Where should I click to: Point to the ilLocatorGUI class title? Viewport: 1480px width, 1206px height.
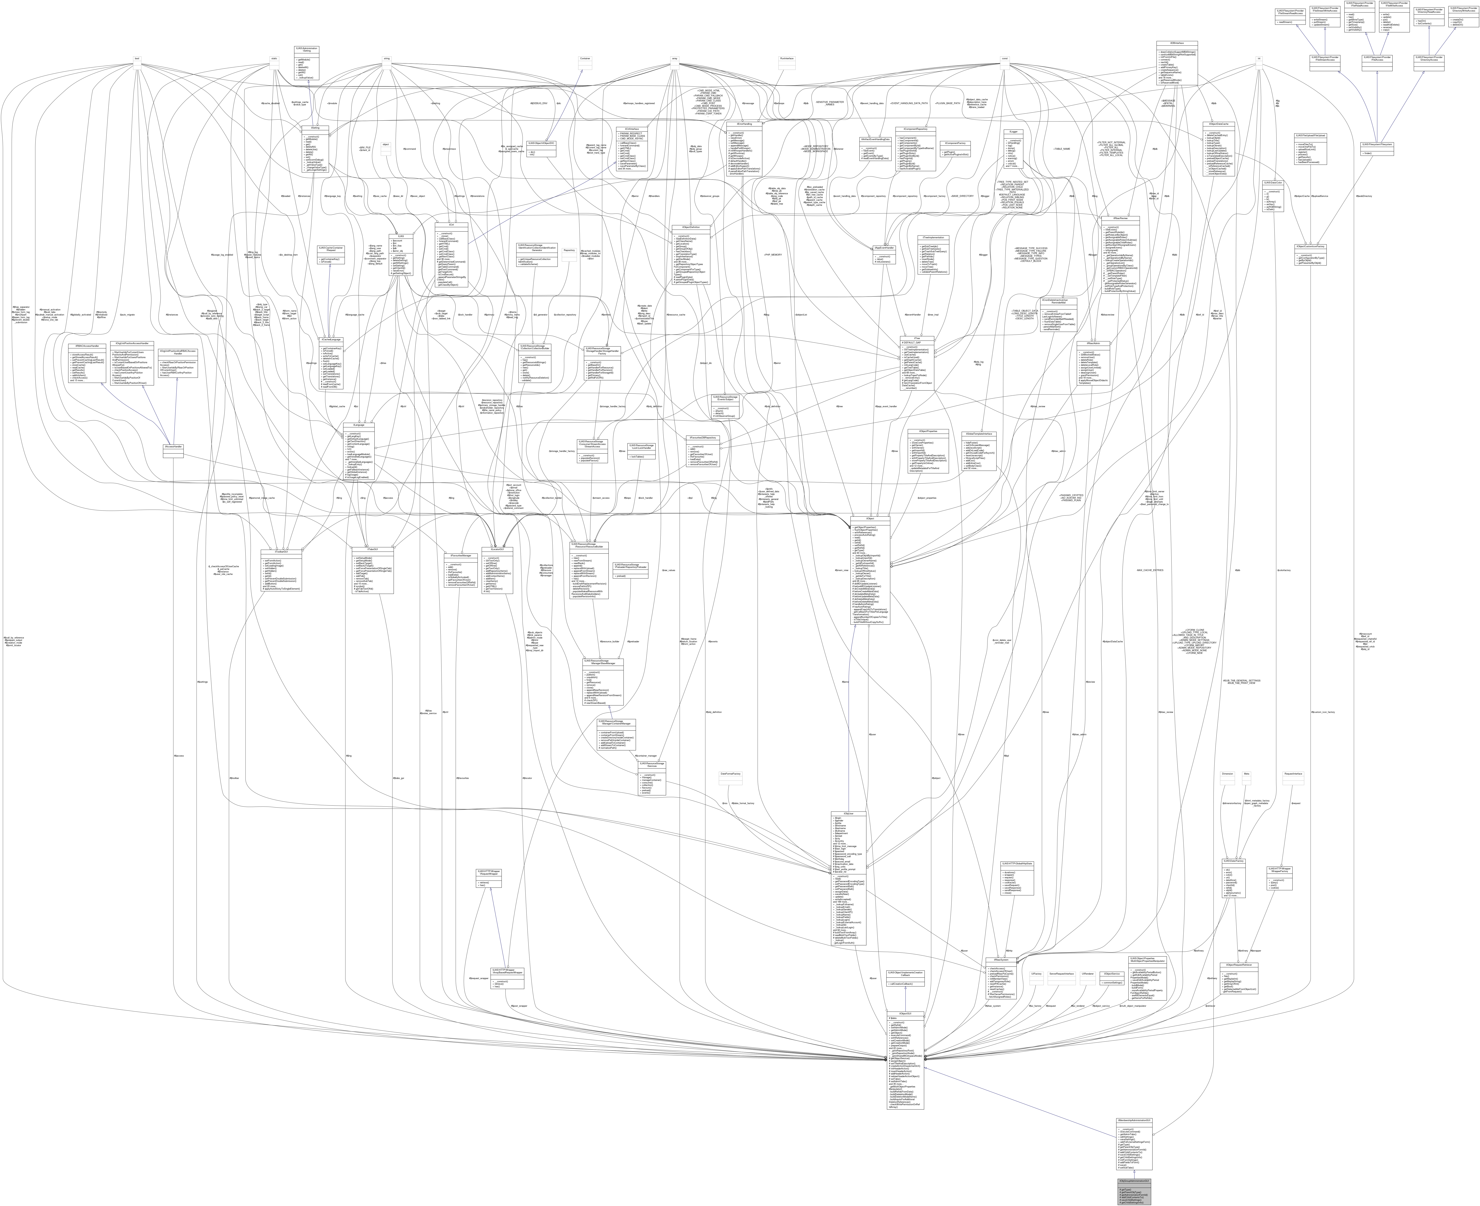click(x=497, y=549)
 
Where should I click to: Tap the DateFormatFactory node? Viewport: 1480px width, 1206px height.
click(x=731, y=773)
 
